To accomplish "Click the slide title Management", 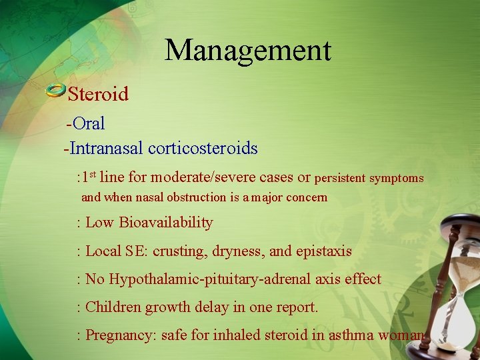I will pos(247,51).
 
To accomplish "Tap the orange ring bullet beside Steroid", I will pos(55,91).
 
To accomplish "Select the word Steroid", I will pos(98,94).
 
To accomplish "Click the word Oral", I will pos(89,123).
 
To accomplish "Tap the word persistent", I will pos(339,178).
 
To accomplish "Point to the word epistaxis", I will pos(323,251).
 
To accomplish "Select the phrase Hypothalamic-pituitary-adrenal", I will pos(195,279).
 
